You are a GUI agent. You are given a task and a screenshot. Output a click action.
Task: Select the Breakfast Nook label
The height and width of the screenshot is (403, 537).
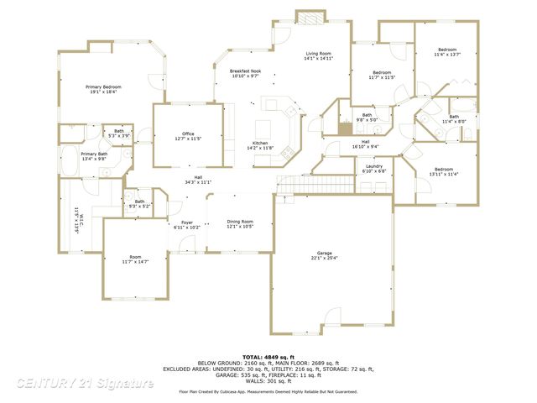click(245, 71)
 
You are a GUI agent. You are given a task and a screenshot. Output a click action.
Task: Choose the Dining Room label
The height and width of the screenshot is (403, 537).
click(240, 222)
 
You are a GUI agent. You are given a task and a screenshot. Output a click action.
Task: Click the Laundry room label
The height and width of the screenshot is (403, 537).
click(374, 166)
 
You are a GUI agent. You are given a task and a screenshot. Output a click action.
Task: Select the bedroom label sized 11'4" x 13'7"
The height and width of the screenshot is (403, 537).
click(446, 50)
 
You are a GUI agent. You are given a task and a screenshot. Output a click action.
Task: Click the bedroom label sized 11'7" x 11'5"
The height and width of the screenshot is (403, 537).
click(382, 73)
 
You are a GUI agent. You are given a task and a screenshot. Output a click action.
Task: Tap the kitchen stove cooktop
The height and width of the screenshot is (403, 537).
click(285, 153)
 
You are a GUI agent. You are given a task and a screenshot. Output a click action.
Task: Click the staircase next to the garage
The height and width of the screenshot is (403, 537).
click(299, 185)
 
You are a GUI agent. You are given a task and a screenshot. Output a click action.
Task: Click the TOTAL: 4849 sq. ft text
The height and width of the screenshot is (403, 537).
click(268, 357)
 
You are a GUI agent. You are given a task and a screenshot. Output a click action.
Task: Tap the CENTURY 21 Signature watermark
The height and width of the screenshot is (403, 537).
click(85, 383)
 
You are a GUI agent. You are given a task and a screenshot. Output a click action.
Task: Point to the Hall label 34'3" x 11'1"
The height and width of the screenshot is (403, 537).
click(198, 178)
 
